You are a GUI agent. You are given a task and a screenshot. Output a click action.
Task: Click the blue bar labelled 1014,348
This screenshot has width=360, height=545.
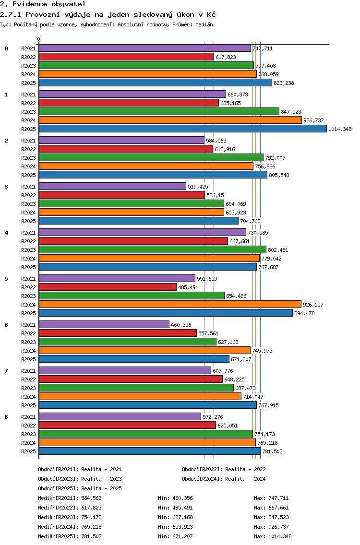click(x=183, y=129)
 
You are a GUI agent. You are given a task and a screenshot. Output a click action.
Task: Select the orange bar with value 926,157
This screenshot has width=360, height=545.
click(x=170, y=305)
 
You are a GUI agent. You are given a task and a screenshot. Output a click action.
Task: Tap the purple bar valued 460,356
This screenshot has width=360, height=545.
click(x=104, y=325)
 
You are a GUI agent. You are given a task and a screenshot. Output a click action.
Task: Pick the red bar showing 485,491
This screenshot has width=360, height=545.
click(x=108, y=287)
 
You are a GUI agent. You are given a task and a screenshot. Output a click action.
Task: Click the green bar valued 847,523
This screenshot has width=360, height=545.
click(x=159, y=112)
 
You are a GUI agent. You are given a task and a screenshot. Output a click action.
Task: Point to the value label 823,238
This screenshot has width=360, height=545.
click(x=284, y=83)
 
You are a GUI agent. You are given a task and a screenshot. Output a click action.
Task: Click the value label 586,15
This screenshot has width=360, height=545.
click(x=216, y=195)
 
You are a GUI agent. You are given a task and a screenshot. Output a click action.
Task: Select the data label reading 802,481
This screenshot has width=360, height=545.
click(x=278, y=250)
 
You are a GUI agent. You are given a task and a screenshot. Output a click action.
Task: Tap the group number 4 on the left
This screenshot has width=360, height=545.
click(x=6, y=233)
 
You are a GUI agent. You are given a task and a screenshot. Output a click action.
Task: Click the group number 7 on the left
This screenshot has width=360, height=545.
click(x=6, y=371)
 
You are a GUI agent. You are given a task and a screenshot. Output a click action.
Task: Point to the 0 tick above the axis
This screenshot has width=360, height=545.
click(x=38, y=39)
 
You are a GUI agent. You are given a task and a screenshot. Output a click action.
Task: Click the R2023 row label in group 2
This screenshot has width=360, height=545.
click(x=28, y=158)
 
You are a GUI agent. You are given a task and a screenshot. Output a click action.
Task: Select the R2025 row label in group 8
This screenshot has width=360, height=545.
click(x=28, y=451)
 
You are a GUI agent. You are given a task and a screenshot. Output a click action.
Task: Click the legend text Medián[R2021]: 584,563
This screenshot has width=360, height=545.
click(x=70, y=498)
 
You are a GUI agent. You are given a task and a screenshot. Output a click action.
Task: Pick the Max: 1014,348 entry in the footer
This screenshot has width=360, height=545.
click(x=273, y=536)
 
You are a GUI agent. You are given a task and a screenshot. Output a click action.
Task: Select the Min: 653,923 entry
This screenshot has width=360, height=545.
click(x=175, y=527)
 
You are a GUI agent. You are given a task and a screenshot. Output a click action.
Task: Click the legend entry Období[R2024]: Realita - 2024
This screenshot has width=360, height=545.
click(x=224, y=479)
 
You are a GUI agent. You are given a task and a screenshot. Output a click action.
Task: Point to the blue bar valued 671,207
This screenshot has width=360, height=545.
click(x=134, y=359)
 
